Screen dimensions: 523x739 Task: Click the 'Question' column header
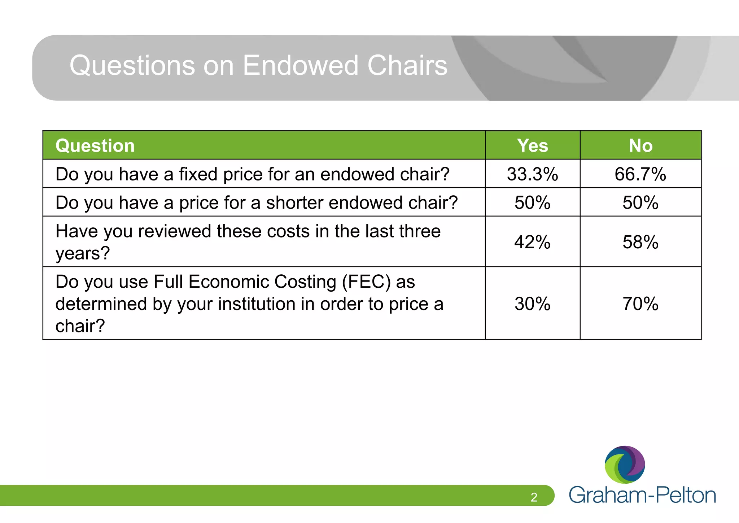[x=95, y=146]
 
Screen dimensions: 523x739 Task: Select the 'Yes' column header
[x=532, y=146]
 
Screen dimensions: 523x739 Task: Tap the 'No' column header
[x=640, y=146]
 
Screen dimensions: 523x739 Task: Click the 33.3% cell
[x=532, y=174]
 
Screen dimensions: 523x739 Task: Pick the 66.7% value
[x=640, y=174]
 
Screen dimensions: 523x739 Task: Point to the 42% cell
[x=532, y=242]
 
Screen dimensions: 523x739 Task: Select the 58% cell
[x=640, y=242]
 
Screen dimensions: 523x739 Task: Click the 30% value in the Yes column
[x=532, y=304]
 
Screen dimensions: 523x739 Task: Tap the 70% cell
[x=640, y=304]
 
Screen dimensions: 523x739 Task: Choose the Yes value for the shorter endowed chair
[x=532, y=202]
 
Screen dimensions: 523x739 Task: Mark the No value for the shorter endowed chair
[x=640, y=202]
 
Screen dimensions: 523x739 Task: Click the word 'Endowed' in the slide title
[x=300, y=65]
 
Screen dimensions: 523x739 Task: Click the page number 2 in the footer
[x=534, y=497]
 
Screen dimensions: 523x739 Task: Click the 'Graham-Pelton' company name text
[x=642, y=495]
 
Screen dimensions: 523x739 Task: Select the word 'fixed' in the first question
[x=198, y=174]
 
